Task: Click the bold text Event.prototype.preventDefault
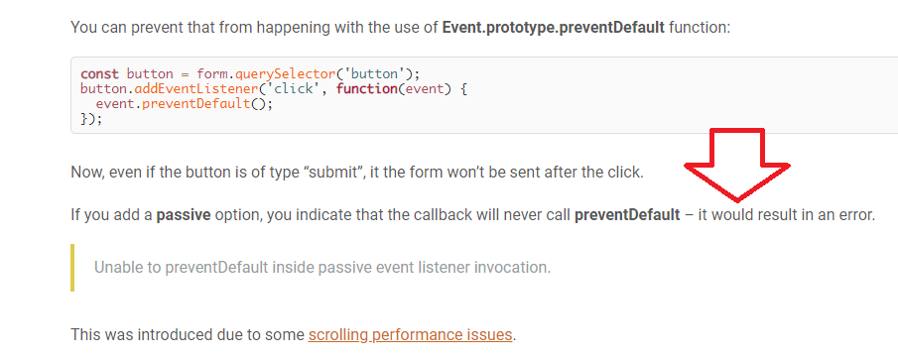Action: (x=554, y=28)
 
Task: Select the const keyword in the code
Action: (x=99, y=73)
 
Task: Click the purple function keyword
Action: (x=366, y=89)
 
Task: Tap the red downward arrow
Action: (x=737, y=165)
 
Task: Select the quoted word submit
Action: (x=338, y=173)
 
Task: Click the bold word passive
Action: (x=184, y=216)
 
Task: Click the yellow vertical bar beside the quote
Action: (x=72, y=268)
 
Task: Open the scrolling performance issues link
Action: (x=410, y=334)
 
